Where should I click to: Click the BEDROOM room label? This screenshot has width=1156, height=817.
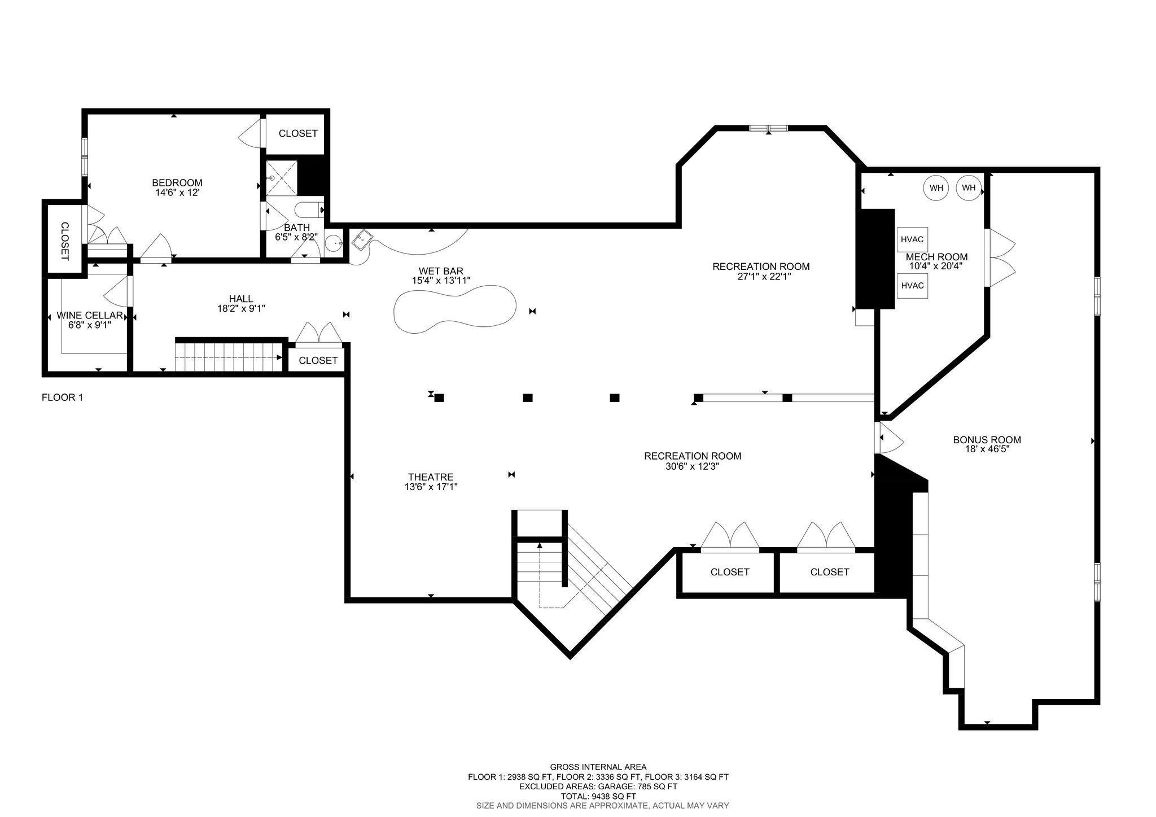pos(177,183)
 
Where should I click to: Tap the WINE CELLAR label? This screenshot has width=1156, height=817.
pos(90,316)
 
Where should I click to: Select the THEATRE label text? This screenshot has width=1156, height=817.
pos(431,477)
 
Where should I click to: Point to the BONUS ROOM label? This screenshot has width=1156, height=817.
pos(987,440)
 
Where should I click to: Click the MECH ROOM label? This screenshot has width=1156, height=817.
pos(936,257)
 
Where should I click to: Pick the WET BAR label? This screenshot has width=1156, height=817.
pos(441,271)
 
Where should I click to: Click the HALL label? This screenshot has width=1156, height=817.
pos(241,299)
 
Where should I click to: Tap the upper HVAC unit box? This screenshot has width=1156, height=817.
pos(912,239)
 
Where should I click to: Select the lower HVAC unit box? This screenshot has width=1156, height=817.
pos(912,286)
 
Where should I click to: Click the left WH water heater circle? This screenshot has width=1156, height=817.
pos(936,188)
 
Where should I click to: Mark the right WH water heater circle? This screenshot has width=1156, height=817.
pos(969,188)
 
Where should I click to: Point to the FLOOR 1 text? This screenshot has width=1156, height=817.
pos(62,397)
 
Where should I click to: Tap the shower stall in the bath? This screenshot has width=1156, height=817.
pos(281,178)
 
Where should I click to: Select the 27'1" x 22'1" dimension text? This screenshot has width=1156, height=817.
pos(761,276)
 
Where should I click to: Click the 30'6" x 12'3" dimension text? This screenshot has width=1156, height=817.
pos(693,466)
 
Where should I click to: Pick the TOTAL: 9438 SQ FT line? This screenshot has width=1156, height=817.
pos(598,797)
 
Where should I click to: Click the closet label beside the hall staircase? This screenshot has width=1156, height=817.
pos(318,360)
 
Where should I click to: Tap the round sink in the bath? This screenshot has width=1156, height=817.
pos(335,243)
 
